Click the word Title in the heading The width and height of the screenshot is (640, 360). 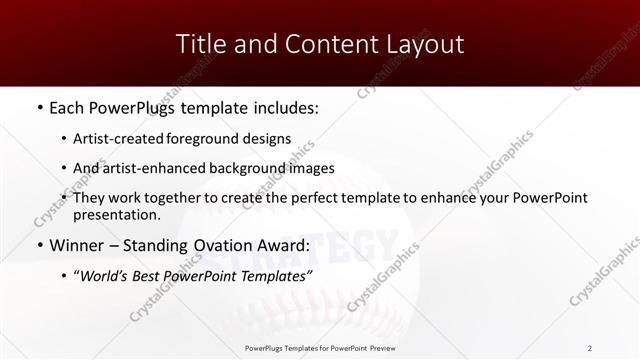pyautogui.click(x=198, y=44)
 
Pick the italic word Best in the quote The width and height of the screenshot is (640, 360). pyautogui.click(x=153, y=275)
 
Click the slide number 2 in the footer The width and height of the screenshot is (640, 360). pyautogui.click(x=590, y=347)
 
